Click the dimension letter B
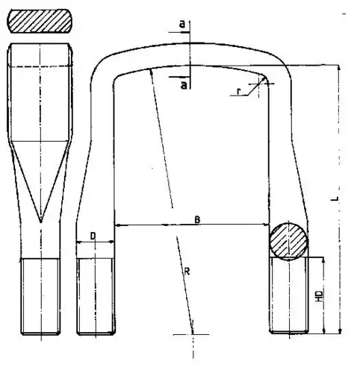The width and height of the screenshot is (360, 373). [x=196, y=219]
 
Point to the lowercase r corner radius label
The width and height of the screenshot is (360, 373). [x=238, y=92]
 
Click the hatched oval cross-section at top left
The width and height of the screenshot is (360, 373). [x=40, y=22]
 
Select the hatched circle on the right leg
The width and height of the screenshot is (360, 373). [x=288, y=241]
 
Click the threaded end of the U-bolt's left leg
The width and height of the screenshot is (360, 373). [x=96, y=296]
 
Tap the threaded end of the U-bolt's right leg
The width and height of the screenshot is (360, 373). [x=288, y=296]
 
